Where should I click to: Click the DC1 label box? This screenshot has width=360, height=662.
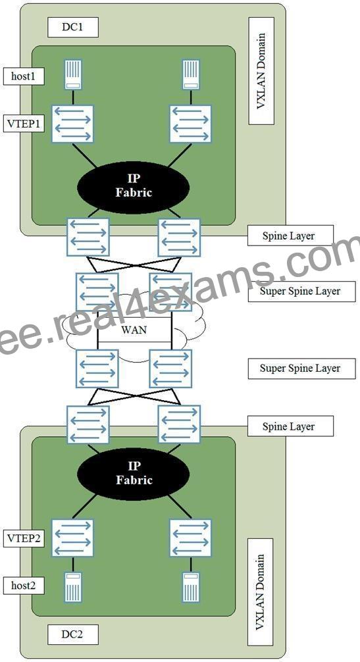(x=72, y=28)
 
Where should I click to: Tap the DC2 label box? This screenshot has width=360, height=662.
(x=72, y=634)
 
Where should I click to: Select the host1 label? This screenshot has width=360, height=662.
(x=24, y=77)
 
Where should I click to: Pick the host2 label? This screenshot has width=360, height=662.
(x=24, y=585)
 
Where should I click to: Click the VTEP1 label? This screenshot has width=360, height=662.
(x=24, y=123)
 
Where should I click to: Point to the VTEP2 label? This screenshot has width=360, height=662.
(x=24, y=538)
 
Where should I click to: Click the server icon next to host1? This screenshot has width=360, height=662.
(x=73, y=74)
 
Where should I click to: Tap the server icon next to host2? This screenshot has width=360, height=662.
(x=73, y=587)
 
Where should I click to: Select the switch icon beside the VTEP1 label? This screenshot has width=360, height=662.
(x=72, y=124)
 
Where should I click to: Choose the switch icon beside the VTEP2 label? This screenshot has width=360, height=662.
(x=72, y=538)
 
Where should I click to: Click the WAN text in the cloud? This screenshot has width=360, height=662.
(x=134, y=329)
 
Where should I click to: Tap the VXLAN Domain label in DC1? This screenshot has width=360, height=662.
(x=261, y=71)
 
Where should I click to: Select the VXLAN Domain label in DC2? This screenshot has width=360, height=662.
(x=261, y=592)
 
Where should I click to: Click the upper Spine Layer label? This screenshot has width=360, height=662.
(x=290, y=236)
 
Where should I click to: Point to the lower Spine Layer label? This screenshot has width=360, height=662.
(x=290, y=426)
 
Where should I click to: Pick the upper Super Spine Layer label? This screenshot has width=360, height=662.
(x=301, y=292)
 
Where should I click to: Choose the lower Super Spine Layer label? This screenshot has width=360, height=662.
(x=301, y=368)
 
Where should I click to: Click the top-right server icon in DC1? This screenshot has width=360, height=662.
(x=191, y=74)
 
